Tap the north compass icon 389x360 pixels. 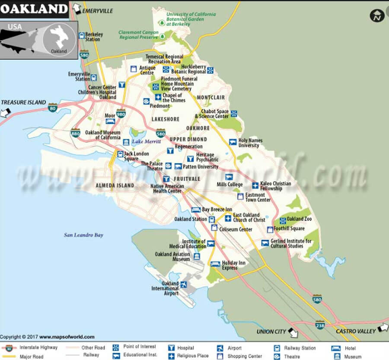point(377,16)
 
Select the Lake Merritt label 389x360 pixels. point(146,141)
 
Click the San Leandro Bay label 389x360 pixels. point(84,235)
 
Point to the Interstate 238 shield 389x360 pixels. point(320,325)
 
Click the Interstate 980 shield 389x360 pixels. point(121,114)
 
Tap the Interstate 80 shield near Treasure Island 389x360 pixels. point(53,107)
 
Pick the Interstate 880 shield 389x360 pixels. point(76,132)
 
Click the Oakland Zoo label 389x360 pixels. point(299,219)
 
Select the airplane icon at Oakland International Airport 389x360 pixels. point(184,285)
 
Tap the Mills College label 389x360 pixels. point(230,185)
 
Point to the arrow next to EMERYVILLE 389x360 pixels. point(77,8)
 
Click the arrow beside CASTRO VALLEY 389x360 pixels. point(383,328)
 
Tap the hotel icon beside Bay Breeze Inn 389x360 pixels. point(196,210)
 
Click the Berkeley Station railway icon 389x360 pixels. point(81,35)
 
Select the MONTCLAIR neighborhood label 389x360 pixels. point(211,98)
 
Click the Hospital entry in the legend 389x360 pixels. point(185,348)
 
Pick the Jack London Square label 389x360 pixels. point(136,156)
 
